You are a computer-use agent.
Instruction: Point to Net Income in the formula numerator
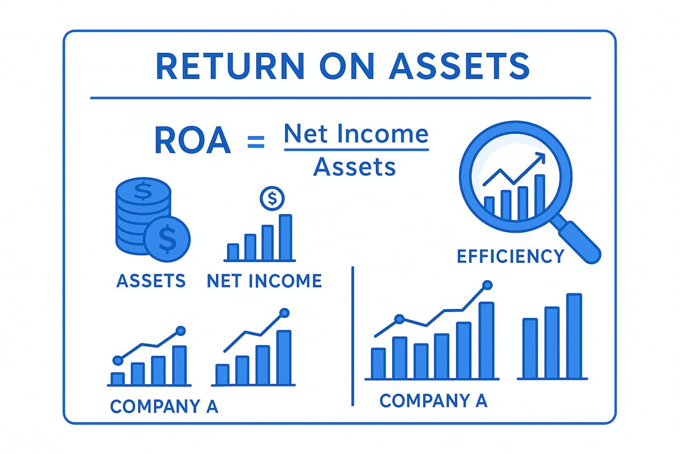356,134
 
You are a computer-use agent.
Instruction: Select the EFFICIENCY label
510,257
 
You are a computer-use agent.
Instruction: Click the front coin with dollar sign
167,238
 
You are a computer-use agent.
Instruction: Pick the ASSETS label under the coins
151,280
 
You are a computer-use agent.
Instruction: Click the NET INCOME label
264,280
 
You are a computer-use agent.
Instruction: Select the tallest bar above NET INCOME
286,237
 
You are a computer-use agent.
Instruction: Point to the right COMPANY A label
433,401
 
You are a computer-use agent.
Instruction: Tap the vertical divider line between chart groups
352,335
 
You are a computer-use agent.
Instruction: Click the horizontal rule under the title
340,98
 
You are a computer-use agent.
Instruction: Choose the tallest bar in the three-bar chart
574,335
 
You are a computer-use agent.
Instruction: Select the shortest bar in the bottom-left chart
117,379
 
